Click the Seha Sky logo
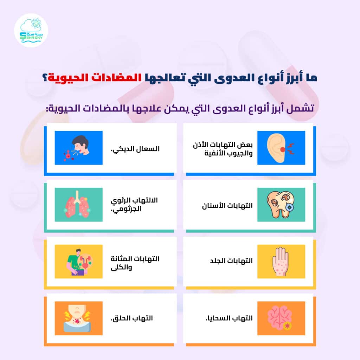[x=31, y=30]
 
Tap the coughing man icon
[x=78, y=148]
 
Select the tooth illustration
[x=281, y=205]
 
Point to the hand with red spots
[x=281, y=262]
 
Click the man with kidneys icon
[x=78, y=262]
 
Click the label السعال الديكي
[x=135, y=149]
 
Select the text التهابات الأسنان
[x=227, y=206]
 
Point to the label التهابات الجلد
[x=231, y=261]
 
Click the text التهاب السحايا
[x=229, y=318]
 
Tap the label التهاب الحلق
[x=132, y=318]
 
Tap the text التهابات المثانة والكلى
[x=135, y=263]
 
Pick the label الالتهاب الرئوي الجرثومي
[x=134, y=204]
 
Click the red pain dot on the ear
[x=283, y=149]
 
